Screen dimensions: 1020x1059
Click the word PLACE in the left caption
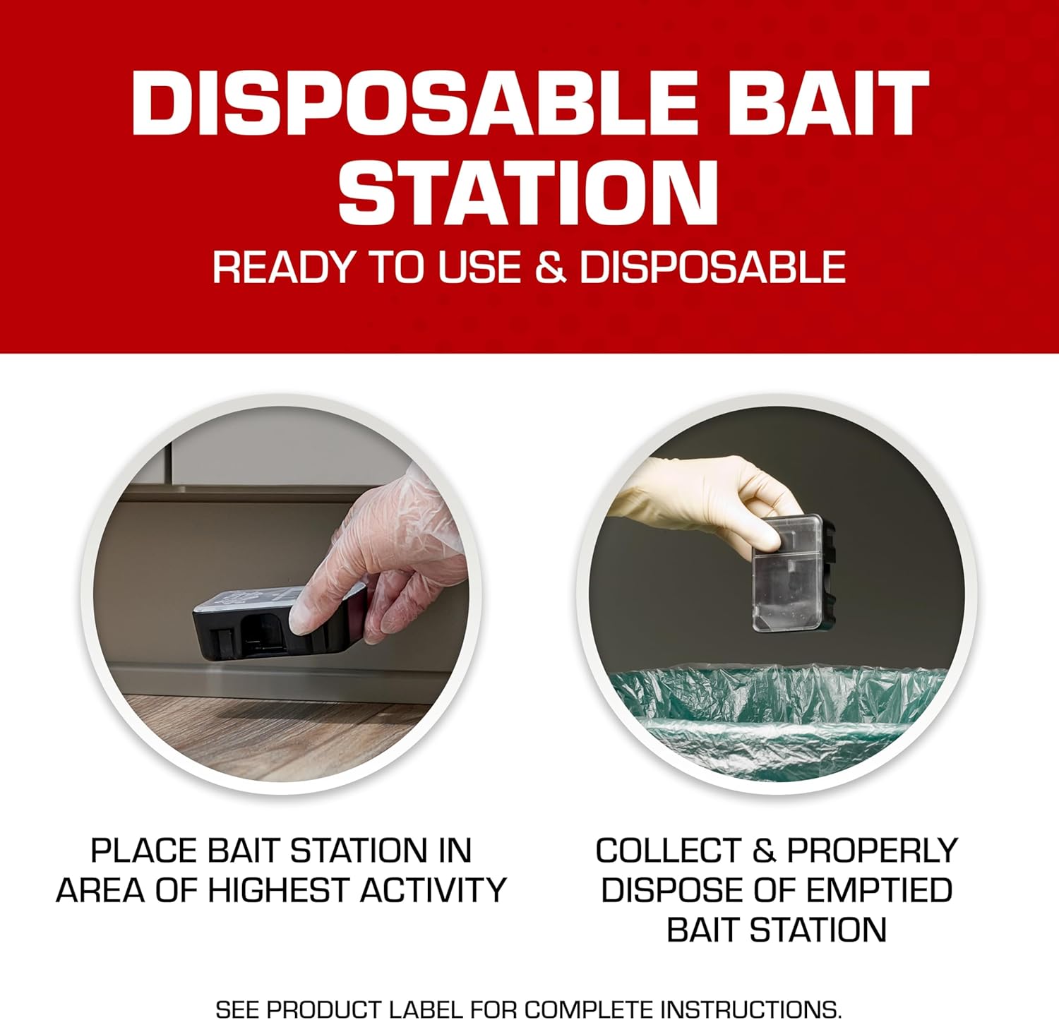point(142,851)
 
